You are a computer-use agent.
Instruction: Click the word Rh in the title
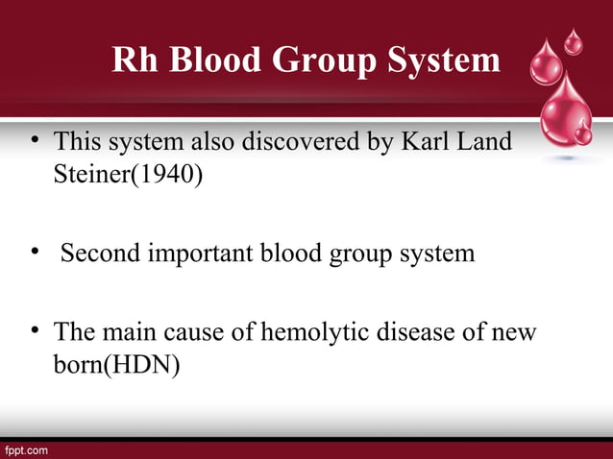click(x=133, y=60)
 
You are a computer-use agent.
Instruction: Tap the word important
click(x=217, y=254)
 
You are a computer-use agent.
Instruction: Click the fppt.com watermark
click(x=26, y=449)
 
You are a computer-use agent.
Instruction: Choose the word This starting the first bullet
click(x=76, y=142)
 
